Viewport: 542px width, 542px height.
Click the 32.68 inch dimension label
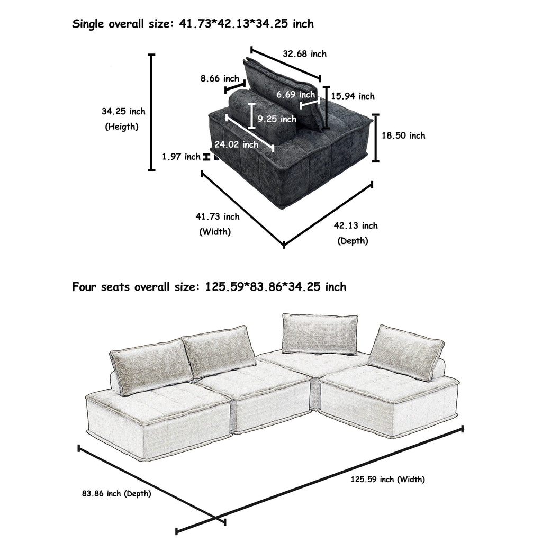304,54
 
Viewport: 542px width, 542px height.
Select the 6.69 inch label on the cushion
295,95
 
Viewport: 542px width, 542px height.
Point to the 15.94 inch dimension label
353,96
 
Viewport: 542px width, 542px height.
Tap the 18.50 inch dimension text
403,136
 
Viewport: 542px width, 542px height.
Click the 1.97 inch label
181,157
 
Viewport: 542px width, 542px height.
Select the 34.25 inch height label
123,112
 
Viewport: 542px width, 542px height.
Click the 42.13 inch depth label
356,226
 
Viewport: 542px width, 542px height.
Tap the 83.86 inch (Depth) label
116,494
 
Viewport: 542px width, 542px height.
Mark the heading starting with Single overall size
193,24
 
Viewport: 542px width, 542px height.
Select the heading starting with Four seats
209,287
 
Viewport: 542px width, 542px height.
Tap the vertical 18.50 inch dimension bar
376,138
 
